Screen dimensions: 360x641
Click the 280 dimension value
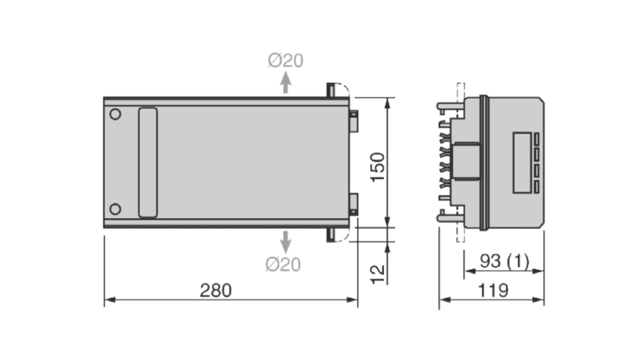tap(215, 291)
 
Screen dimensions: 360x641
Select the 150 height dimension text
tap(377, 167)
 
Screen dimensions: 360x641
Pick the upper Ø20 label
tap(285, 61)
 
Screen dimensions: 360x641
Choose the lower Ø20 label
tap(283, 265)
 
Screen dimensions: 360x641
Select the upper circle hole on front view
tap(116, 115)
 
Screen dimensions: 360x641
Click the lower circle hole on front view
tap(116, 209)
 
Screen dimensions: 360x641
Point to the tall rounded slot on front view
tap(148, 162)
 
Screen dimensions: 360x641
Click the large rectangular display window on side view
tap(522, 162)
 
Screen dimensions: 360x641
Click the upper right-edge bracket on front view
tap(353, 121)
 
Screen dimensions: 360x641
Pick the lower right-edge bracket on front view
tap(353, 204)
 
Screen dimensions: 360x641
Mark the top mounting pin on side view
tap(450, 106)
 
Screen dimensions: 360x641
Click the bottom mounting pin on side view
tap(450, 218)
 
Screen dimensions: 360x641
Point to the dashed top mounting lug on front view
tap(339, 90)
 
